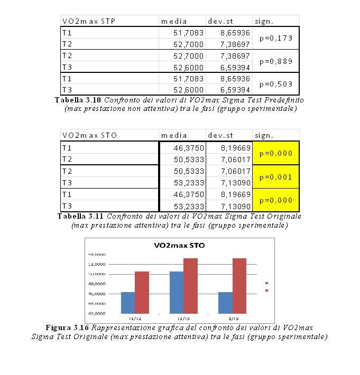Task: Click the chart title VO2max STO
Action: [179, 245]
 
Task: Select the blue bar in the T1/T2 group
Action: [128, 303]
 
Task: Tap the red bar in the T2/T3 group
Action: [190, 286]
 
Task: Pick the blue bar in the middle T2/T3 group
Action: [177, 293]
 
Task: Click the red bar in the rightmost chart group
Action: [239, 286]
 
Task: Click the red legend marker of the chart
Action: [266, 290]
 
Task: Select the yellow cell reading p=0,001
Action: [276, 177]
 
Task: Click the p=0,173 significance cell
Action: [276, 39]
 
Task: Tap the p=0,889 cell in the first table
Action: [276, 61]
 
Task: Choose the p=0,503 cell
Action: [276, 84]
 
